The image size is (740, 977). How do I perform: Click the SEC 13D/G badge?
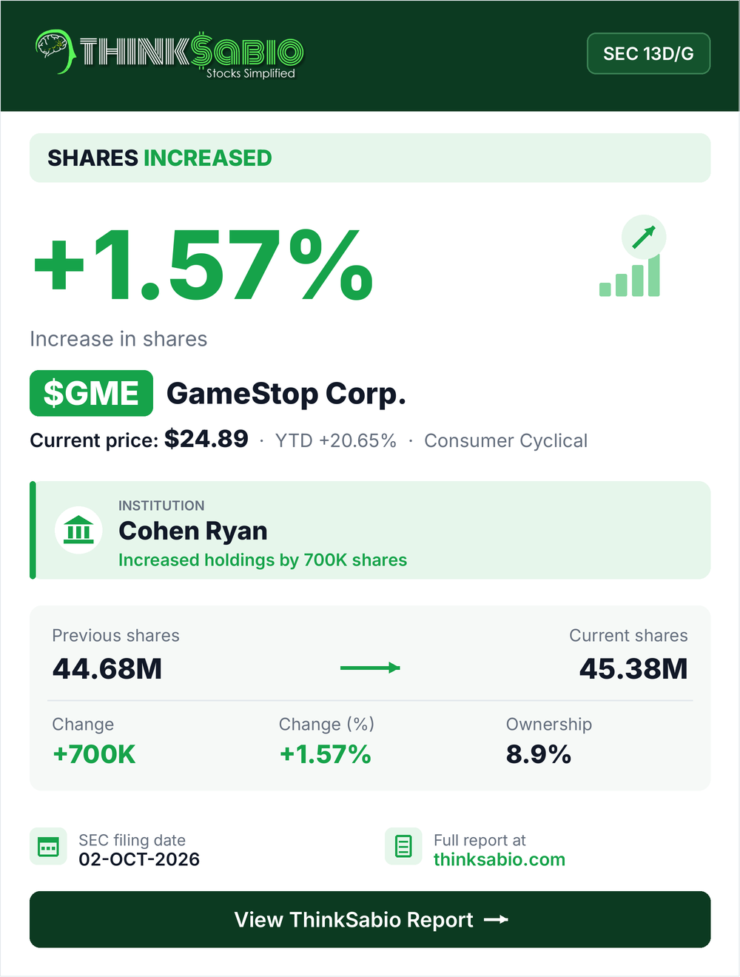[x=648, y=53]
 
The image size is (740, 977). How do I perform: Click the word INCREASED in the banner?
[x=207, y=158]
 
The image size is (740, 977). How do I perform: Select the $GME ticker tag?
[x=91, y=393]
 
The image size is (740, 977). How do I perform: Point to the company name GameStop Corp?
[x=286, y=394]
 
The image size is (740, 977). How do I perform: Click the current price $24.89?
[x=206, y=439]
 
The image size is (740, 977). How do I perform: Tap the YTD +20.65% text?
[x=335, y=440]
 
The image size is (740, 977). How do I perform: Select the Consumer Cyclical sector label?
[x=505, y=440]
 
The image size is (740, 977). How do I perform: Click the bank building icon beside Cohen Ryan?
[x=78, y=530]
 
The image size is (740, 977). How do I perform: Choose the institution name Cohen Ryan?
[x=192, y=531]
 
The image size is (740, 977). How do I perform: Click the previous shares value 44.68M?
[x=107, y=668]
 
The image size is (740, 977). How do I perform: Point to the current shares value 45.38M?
[x=633, y=668]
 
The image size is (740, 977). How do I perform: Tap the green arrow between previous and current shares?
[x=370, y=668]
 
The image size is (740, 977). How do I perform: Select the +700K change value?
[x=94, y=754]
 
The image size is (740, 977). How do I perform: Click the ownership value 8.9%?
[x=539, y=754]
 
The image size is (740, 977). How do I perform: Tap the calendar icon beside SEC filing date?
[x=48, y=846]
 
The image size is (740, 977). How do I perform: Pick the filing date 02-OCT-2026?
[x=139, y=859]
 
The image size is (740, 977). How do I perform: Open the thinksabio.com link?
[x=499, y=859]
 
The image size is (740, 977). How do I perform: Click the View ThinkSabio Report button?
[x=370, y=919]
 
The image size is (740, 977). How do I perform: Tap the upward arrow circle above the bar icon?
[x=644, y=238]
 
